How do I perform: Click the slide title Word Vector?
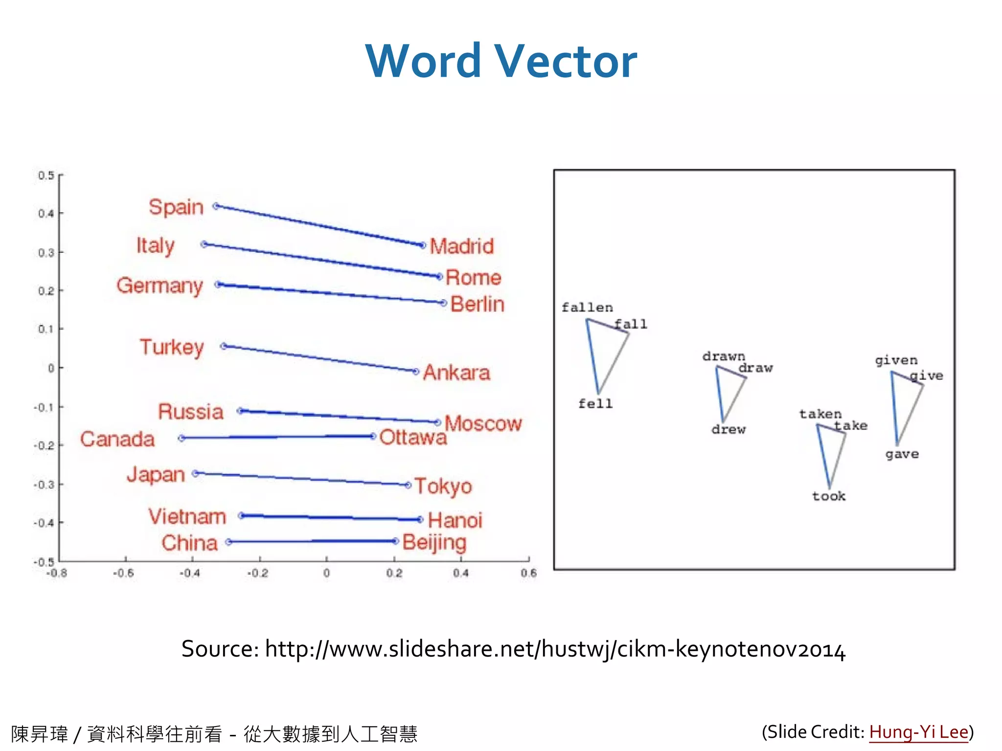501,61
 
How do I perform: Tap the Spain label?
176,207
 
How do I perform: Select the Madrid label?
461,246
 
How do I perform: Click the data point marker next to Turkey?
224,346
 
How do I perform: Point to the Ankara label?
456,373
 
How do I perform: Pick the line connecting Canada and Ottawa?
277,437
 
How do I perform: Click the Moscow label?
483,423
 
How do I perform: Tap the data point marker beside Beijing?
395,541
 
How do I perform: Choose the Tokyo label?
443,486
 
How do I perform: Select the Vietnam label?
187,517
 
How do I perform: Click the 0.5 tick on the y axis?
46,176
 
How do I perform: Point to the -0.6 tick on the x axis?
124,573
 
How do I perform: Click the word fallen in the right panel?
587,308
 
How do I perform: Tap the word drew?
729,429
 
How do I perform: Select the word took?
829,496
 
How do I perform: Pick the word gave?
902,454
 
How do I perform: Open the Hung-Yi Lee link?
918,732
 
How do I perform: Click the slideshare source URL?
555,649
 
